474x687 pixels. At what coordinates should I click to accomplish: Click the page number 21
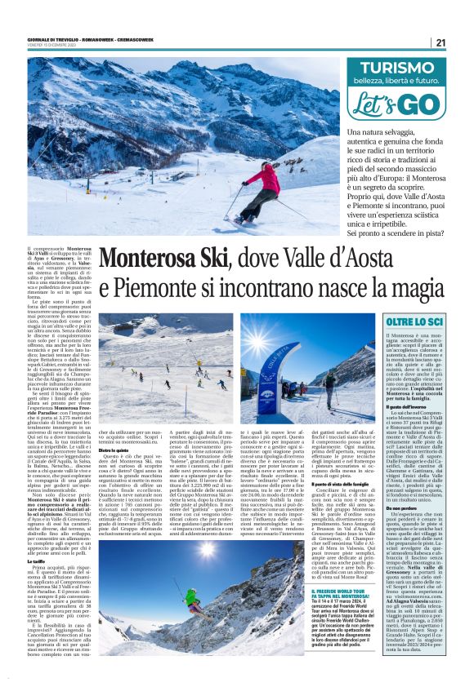click(x=440, y=42)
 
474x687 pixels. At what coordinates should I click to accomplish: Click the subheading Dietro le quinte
click(x=115, y=448)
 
